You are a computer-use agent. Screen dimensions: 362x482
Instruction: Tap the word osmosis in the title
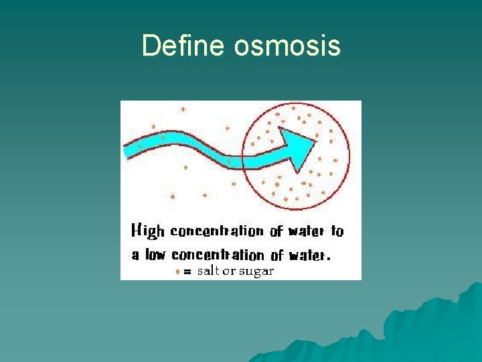pos(287,46)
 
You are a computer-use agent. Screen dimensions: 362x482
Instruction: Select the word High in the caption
pos(147,232)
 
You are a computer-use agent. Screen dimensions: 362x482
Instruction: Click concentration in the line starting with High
pos(217,232)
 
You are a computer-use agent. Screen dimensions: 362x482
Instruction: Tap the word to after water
pos(337,232)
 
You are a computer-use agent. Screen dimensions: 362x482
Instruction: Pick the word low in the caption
pos(155,255)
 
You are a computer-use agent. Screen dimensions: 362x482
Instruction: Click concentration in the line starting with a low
pos(218,255)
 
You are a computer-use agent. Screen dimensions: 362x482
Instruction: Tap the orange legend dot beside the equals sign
pos(177,271)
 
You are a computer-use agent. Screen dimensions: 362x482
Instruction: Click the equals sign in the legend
pos(187,271)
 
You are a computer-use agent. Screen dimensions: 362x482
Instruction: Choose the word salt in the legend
pos(208,271)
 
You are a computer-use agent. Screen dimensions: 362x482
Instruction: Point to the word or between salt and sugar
pos(230,271)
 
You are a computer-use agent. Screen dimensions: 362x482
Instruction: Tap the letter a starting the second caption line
pos(135,255)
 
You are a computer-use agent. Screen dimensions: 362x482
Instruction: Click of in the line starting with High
pos(276,232)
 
